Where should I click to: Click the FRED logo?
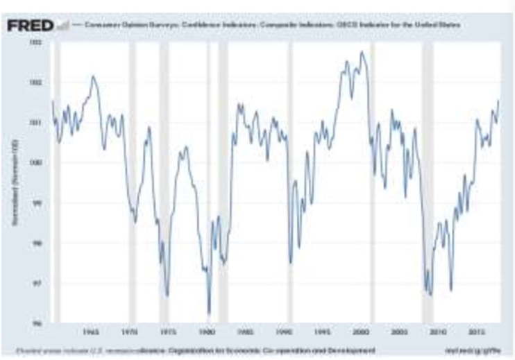30,26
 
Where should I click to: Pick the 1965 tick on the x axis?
89,332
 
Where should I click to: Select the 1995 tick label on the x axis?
325,332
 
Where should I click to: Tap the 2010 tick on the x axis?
442,332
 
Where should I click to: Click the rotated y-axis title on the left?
13,182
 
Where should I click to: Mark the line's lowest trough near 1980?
208,314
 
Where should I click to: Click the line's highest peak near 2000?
362,52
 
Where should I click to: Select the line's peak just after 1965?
93,76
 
